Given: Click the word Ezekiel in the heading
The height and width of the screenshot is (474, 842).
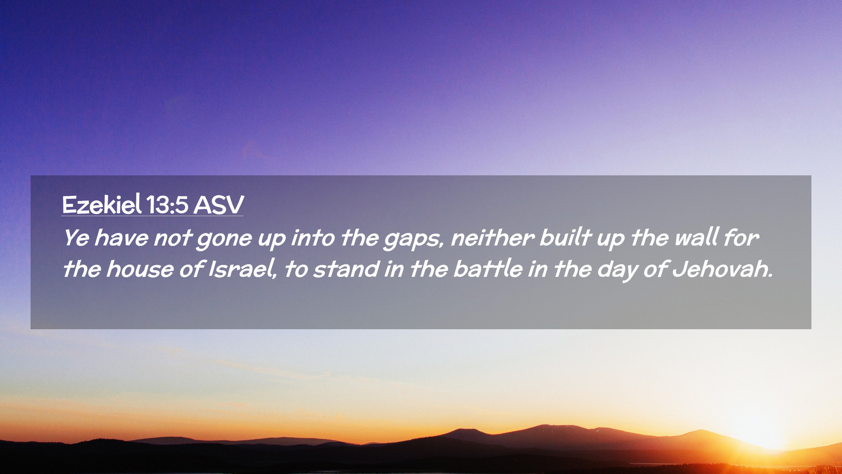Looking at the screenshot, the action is click(102, 205).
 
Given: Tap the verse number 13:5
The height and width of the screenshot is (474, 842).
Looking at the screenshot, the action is click(167, 205).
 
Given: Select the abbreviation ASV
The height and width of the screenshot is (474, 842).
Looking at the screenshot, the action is click(218, 205).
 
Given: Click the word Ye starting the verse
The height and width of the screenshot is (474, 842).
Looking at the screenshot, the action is click(76, 238).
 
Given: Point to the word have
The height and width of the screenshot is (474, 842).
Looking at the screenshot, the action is click(121, 237).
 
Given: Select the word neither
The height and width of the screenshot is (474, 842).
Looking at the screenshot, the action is click(492, 237).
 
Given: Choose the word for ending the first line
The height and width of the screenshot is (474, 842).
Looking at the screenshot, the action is click(741, 237).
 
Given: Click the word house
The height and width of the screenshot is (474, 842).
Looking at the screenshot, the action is click(140, 269).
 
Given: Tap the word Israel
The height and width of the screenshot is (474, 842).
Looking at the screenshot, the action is click(243, 269).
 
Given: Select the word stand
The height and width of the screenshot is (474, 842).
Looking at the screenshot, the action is click(346, 269).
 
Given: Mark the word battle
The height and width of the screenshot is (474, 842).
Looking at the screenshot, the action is click(488, 269).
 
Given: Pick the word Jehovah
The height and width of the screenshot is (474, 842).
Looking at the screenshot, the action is click(722, 269).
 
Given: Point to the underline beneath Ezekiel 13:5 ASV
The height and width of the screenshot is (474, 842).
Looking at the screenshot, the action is click(153, 216).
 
